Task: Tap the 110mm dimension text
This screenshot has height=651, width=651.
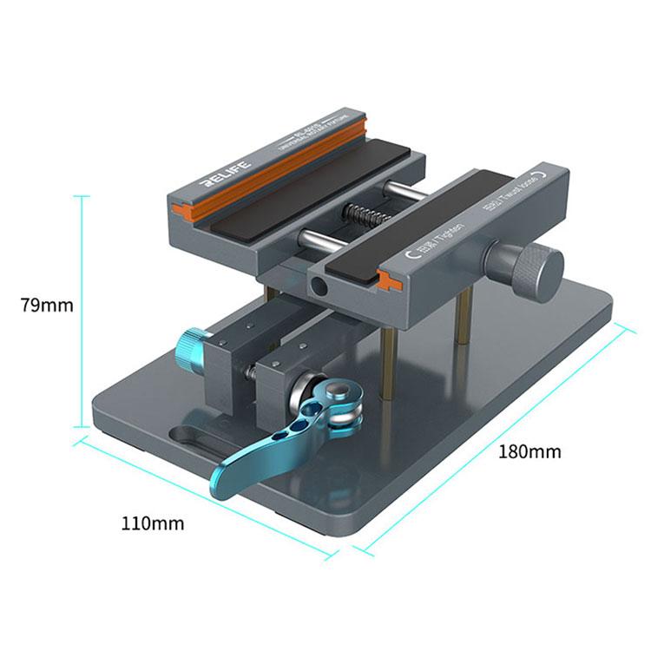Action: click(153, 523)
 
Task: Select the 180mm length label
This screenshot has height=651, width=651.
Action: click(529, 451)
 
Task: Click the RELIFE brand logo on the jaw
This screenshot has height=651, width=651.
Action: click(225, 172)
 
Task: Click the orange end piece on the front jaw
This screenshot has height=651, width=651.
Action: click(389, 279)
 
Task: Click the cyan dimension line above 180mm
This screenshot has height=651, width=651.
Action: click(495, 434)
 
